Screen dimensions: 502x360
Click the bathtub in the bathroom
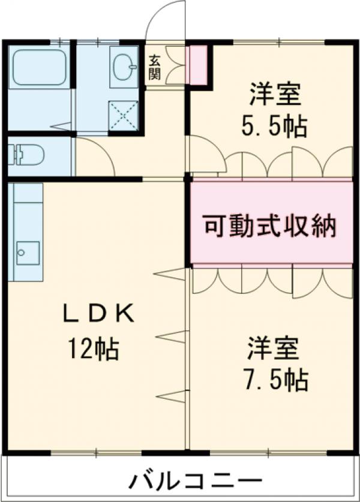pos(37,66)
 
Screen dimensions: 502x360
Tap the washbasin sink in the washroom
pos(124,66)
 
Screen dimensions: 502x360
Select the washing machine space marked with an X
pos(123,115)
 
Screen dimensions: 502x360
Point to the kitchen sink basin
pos(28,252)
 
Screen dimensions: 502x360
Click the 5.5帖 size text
pos(274,127)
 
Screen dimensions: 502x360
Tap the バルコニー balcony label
pos(195,481)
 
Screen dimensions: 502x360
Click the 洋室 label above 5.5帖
pos(274,95)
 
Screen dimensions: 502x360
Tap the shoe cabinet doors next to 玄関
pos(175,66)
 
